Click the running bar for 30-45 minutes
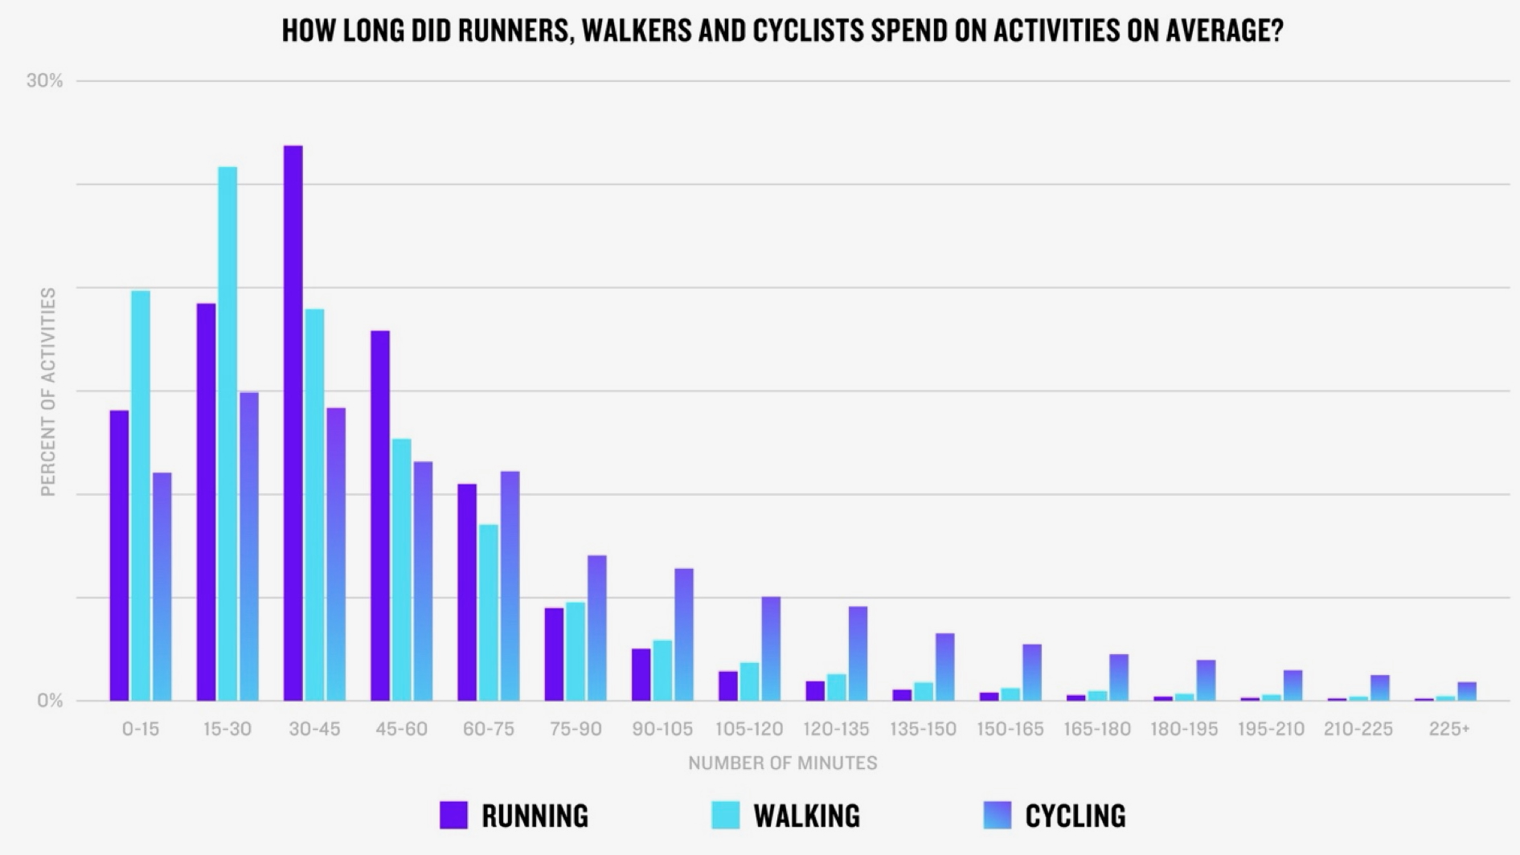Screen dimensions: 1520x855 [293, 423]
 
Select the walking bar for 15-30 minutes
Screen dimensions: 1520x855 [227, 434]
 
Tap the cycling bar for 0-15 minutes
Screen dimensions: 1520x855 [162, 587]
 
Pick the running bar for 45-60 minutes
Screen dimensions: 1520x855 [380, 515]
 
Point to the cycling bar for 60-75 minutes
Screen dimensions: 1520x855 [510, 586]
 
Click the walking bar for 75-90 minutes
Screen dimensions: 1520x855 [575, 651]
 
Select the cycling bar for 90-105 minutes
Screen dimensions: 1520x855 [684, 635]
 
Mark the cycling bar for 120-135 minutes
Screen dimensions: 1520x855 [858, 653]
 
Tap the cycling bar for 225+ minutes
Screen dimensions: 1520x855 [1467, 691]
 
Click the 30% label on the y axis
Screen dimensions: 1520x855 [44, 80]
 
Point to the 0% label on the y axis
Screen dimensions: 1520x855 [50, 701]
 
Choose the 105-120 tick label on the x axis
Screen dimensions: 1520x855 [749, 729]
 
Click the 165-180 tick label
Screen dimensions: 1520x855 [1096, 729]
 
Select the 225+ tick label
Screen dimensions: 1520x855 [1449, 729]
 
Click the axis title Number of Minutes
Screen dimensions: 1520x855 [782, 763]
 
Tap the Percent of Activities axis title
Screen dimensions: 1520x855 [48, 391]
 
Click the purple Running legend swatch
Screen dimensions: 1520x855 [453, 815]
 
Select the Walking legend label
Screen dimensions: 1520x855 [806, 816]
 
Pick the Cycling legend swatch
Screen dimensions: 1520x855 [997, 815]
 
